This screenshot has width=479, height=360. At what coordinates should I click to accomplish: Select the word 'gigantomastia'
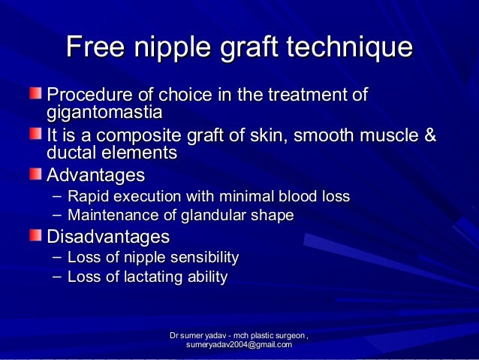(x=104, y=113)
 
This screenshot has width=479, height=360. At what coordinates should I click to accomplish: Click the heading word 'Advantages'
(x=95, y=176)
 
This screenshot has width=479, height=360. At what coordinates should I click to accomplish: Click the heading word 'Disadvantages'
(x=108, y=237)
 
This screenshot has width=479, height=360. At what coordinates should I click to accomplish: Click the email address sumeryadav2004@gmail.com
(x=239, y=344)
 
